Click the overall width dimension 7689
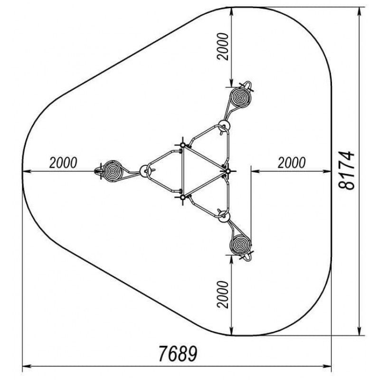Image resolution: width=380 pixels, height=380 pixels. click(x=178, y=353)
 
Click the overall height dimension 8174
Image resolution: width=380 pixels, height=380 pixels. click(x=347, y=171)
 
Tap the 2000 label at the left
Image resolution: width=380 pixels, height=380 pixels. click(x=63, y=162)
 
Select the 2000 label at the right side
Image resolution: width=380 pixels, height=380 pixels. click(x=292, y=162)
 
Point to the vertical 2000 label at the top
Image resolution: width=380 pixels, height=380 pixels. click(x=223, y=47)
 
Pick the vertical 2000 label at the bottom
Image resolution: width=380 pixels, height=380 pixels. click(x=223, y=294)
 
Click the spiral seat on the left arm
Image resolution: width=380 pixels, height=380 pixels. click(x=112, y=171)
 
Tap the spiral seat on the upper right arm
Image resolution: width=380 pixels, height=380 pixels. click(x=240, y=97)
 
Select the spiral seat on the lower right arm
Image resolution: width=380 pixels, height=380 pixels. click(x=240, y=245)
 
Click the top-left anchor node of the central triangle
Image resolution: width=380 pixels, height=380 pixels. click(x=183, y=145)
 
